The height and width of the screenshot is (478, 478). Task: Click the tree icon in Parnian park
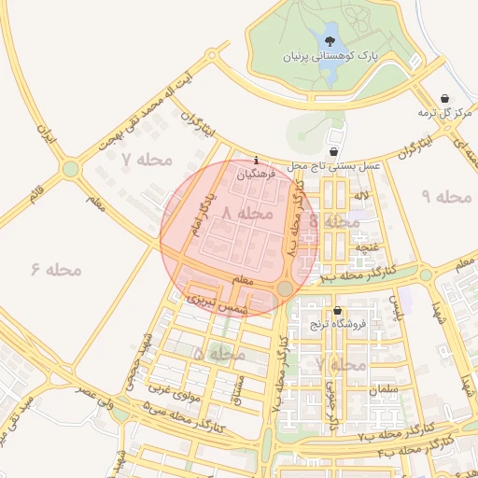tap(329, 41)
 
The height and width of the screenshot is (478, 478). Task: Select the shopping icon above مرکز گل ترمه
tap(443, 98)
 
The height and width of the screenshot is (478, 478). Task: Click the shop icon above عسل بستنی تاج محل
tap(334, 151)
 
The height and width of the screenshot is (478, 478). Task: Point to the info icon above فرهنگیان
tap(257, 161)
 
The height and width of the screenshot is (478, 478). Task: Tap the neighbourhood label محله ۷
tap(148, 160)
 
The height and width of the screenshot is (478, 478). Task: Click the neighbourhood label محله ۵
tap(219, 355)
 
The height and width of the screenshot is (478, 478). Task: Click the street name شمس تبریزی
tap(217, 299)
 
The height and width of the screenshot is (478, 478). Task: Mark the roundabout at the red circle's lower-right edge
tap(285, 288)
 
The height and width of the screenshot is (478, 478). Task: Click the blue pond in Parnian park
tap(330, 43)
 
